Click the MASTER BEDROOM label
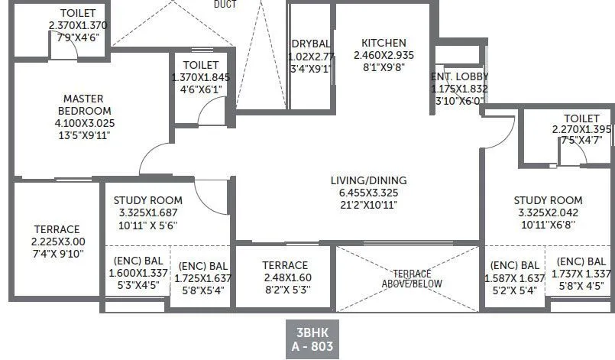84,104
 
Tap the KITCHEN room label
384,43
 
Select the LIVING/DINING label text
368,180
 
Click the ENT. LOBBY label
459,76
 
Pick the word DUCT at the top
225,3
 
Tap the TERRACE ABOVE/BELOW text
412,278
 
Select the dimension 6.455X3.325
368,193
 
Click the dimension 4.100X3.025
84,123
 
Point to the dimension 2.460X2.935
384,56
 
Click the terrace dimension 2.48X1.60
285,277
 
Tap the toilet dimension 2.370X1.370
78,25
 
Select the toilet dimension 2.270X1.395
582,129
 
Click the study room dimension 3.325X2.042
548,212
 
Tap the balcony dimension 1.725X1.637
202,278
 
